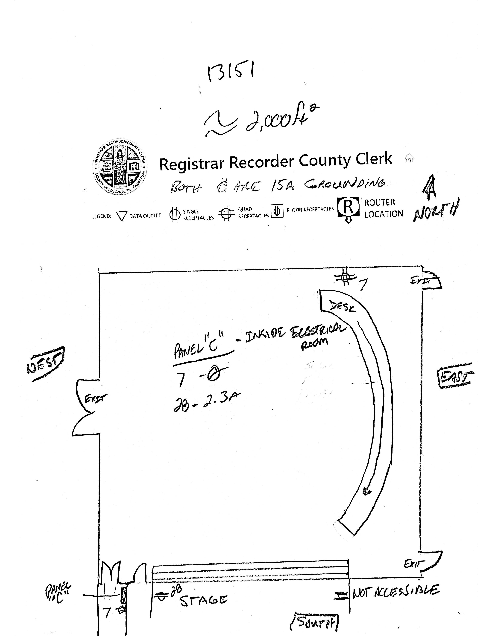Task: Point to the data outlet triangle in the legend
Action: [x=122, y=216]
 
